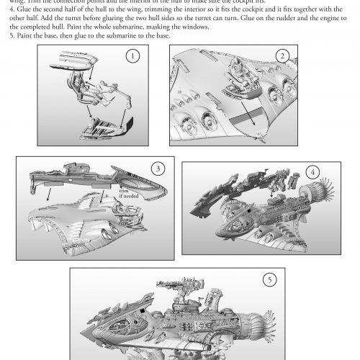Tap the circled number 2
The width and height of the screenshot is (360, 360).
(x=282, y=56)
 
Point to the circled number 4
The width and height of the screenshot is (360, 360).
(x=312, y=173)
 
